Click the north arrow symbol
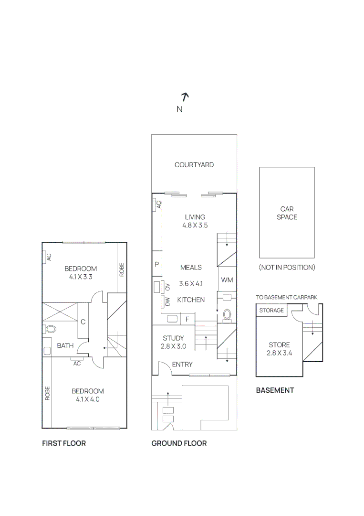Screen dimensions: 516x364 [185, 97]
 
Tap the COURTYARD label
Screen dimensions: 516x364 [194, 165]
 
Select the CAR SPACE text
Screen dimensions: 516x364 [287, 213]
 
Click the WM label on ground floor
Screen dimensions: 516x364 [228, 280]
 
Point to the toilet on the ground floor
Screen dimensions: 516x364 [227, 315]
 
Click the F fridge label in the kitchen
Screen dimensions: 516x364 [187, 319]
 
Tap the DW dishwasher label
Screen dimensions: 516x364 [167, 301]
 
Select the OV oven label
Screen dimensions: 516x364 [167, 287]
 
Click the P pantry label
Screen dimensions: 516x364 [156, 264]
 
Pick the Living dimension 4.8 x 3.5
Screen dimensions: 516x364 [195, 225]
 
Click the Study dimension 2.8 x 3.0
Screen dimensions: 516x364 [173, 347]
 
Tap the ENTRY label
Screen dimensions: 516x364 [182, 365]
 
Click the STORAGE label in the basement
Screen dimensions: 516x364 [271, 311]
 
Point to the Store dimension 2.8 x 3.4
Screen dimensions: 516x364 [279, 354]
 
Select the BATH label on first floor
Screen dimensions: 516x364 [65, 346]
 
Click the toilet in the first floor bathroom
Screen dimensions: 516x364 [49, 329]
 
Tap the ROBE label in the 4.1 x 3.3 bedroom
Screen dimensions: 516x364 [122, 270]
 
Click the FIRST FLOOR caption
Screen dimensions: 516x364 [64, 443]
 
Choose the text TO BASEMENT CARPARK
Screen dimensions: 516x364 [286, 297]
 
